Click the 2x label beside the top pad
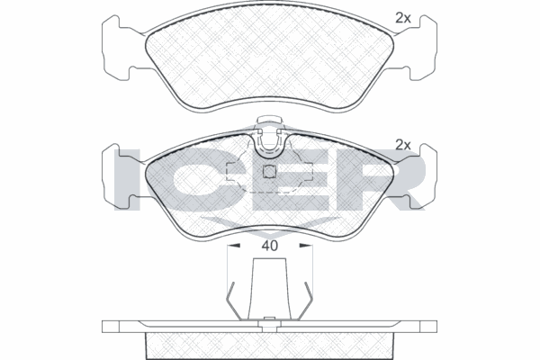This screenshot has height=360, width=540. point(402,18)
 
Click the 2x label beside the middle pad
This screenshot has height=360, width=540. point(402,145)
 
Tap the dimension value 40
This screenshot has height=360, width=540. point(269,246)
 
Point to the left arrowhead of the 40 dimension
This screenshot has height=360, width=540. point(233,246)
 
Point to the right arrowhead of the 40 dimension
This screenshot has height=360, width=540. point(306,246)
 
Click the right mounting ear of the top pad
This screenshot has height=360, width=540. point(422,49)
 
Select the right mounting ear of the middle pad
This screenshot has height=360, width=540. point(422,176)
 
